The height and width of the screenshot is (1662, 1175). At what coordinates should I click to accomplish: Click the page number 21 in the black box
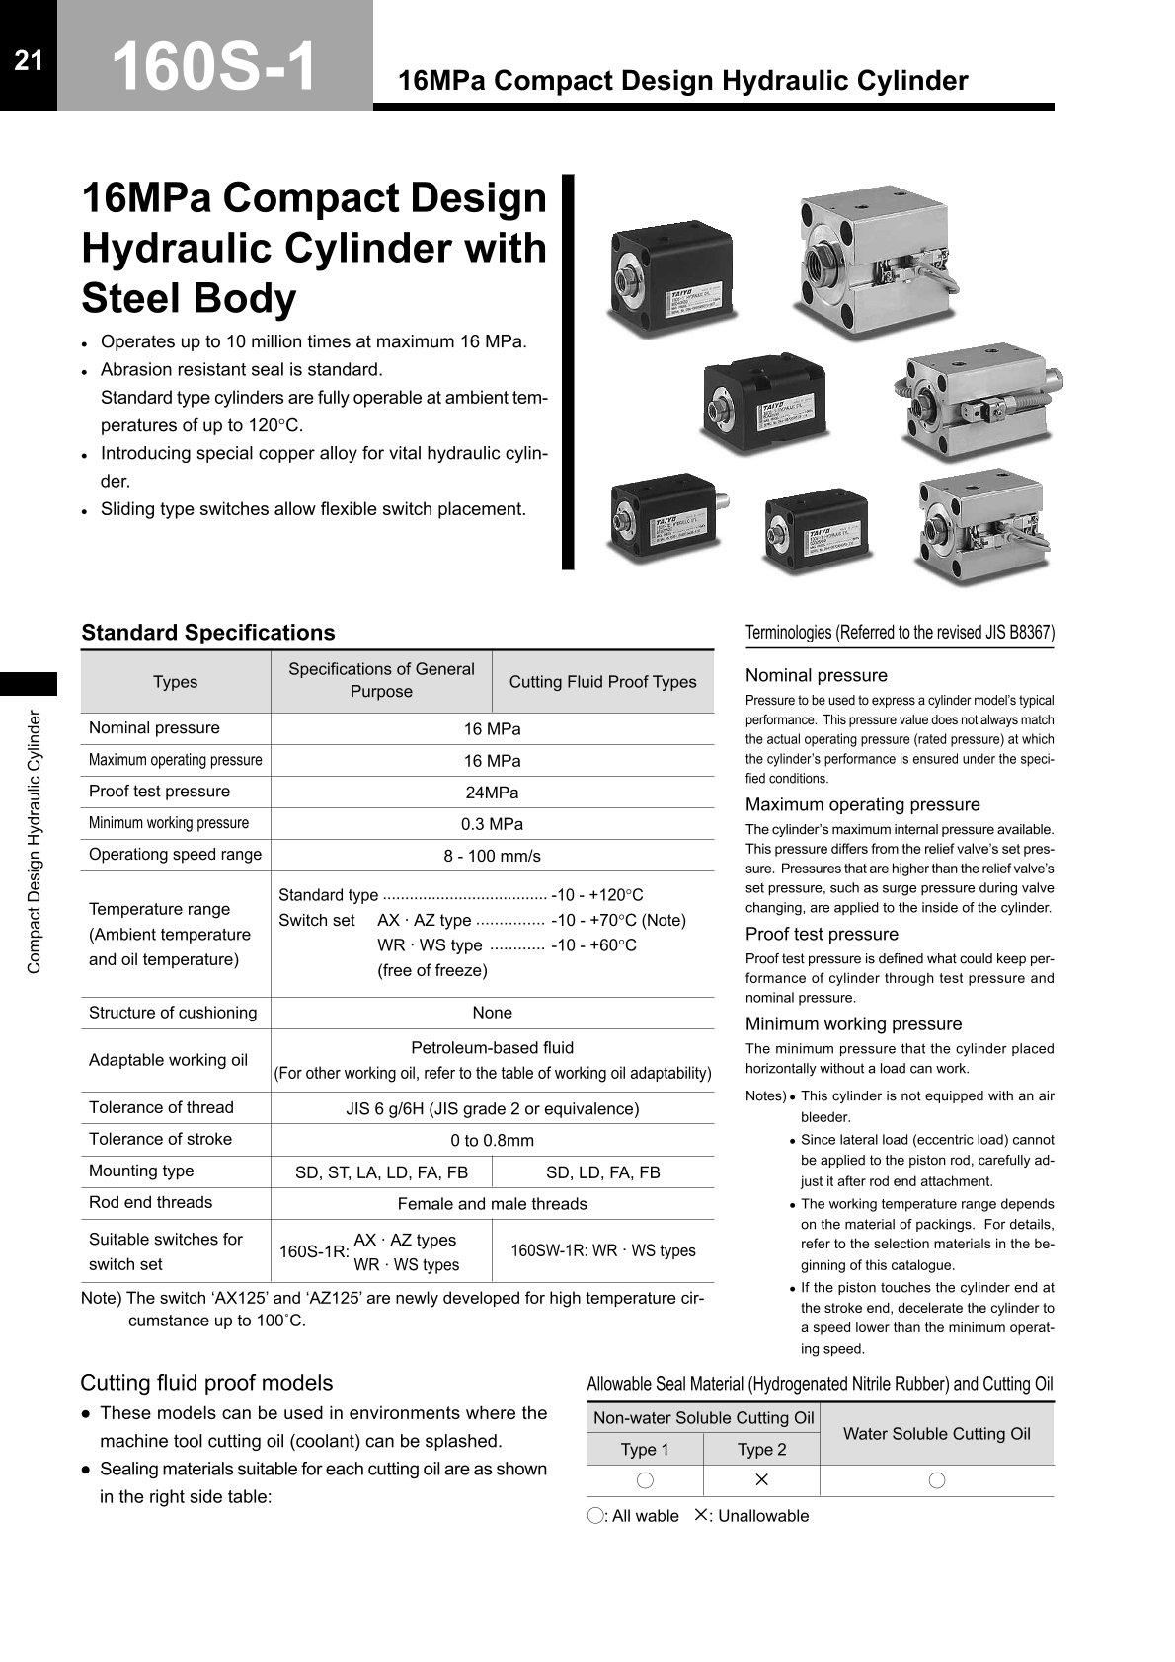pos(29,61)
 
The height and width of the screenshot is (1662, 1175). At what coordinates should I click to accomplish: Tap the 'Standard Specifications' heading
pos(207,633)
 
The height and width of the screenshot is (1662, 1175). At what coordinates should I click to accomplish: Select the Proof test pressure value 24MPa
pos(492,793)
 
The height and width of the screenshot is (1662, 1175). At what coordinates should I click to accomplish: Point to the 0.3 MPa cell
pos(492,824)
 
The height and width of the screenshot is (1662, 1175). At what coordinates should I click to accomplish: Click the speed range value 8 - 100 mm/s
pos(492,856)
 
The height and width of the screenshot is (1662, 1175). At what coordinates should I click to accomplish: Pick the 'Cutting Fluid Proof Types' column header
pos(602,682)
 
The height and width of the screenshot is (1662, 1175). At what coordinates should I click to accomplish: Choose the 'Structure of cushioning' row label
pos(173,1013)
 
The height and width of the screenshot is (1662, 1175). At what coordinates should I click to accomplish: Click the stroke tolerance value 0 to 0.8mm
pos(492,1141)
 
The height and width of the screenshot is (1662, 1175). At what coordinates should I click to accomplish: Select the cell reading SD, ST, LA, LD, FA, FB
pos(381,1172)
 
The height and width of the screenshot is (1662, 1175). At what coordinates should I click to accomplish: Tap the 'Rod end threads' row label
pos(150,1202)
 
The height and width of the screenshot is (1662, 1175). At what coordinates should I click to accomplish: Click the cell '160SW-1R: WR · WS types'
pos(602,1250)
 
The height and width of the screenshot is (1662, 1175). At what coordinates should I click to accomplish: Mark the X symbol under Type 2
pos(761,1479)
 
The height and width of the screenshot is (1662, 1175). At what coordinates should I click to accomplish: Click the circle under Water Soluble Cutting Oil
pos(936,1480)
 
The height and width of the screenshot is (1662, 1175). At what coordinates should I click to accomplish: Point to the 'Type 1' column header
pos(644,1449)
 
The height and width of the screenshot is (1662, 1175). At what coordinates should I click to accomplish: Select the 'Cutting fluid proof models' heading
pos(206,1383)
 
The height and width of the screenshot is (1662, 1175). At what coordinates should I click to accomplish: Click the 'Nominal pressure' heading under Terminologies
pos(816,675)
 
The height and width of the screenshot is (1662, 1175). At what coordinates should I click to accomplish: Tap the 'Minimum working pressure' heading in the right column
pos(853,1023)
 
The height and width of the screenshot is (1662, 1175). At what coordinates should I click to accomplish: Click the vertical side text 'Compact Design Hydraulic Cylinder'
pos(34,842)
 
